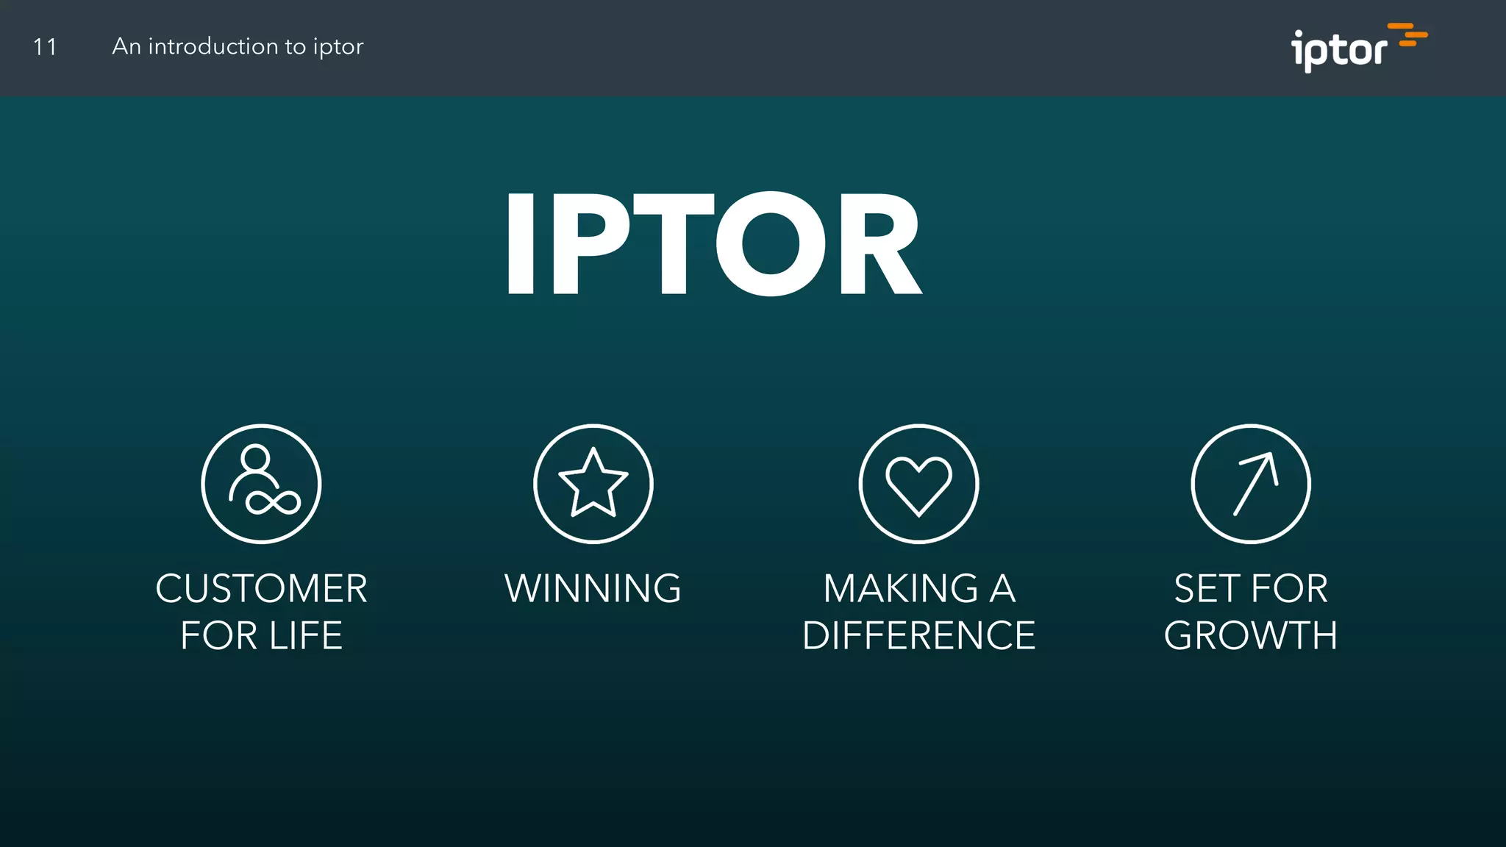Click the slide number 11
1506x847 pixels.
45,47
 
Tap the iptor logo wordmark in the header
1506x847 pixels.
1338,51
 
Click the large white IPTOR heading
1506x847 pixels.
713,245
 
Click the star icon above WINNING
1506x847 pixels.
593,483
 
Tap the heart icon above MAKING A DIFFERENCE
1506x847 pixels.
918,485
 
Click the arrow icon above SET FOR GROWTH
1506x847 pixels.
1255,483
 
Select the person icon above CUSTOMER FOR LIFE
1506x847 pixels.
261,483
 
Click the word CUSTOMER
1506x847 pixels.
261,589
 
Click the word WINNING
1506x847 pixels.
593,589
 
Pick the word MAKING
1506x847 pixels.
900,589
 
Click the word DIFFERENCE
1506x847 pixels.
918,636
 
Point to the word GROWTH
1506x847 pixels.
1250,636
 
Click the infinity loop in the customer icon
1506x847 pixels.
273,503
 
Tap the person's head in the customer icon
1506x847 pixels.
255,457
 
